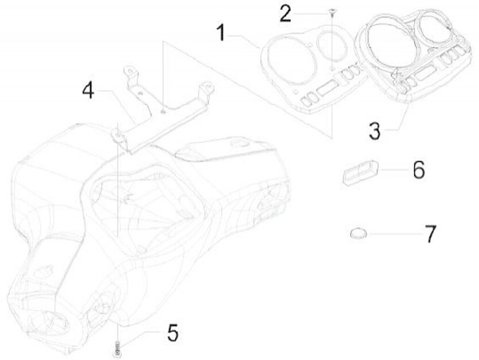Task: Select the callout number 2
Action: coord(285,13)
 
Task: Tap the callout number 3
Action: coord(375,129)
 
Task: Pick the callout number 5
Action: coord(172,332)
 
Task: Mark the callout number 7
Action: coord(430,234)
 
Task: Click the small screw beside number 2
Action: coord(331,12)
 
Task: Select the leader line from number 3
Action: coord(398,120)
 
